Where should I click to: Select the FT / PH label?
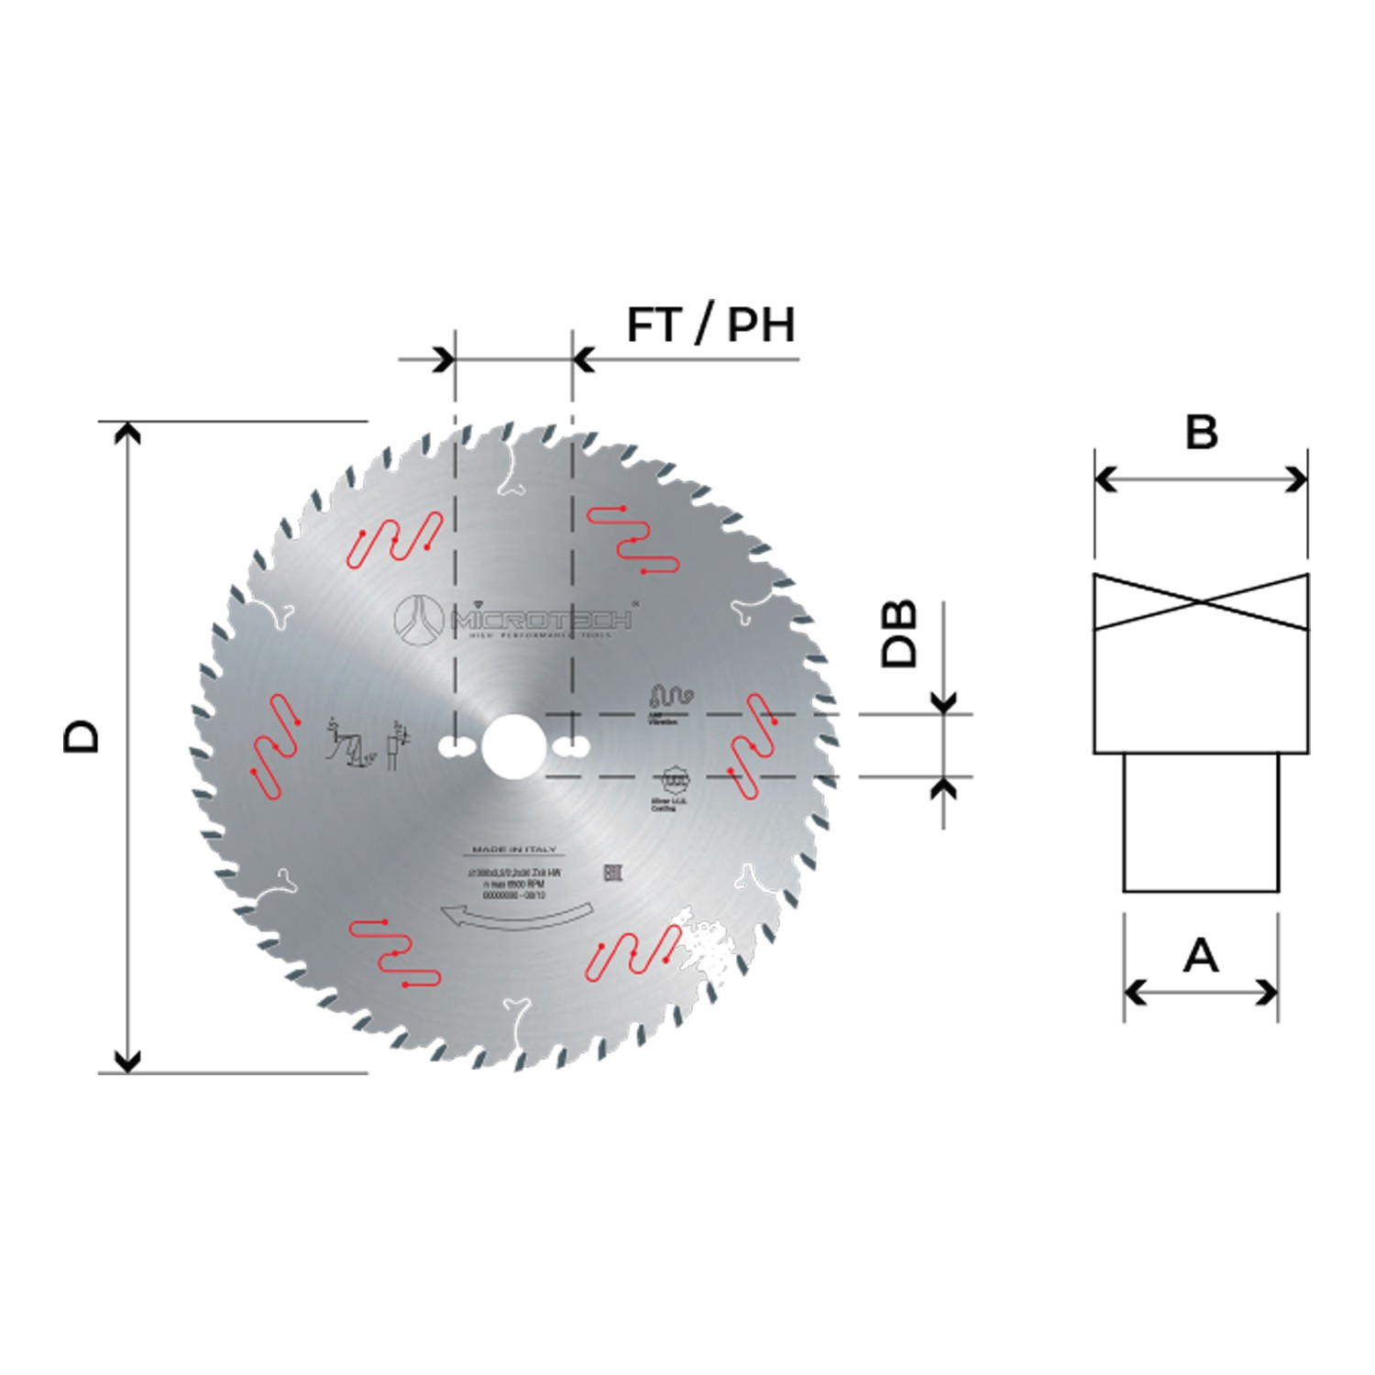point(710,325)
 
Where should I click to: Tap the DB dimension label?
point(898,634)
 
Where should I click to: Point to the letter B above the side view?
point(1201,432)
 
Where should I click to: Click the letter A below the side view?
point(1201,956)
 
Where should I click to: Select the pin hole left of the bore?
point(455,747)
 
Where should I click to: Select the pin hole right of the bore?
point(570,747)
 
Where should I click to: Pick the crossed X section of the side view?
point(1201,602)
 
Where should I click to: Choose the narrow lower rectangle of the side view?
point(1201,822)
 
